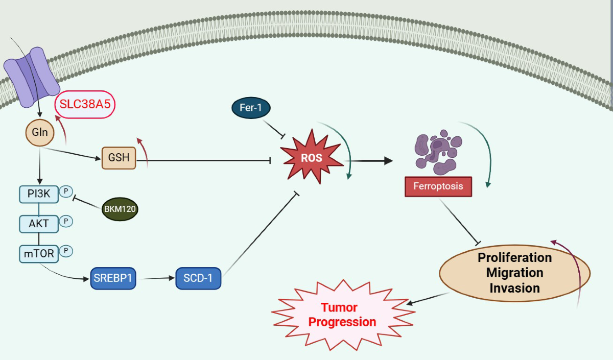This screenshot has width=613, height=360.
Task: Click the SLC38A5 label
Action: pos(85,105)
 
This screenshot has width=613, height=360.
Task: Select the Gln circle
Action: pos(40,132)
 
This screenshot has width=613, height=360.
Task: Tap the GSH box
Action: pos(119,158)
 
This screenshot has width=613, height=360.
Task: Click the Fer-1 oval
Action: pos(251,108)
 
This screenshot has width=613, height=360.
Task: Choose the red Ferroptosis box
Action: pos(438,186)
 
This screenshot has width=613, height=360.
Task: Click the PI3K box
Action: pos(39,194)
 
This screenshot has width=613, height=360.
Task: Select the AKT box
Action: pos(39,224)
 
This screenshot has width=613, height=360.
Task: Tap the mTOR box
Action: pos(39,254)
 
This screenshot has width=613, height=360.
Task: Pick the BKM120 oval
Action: pos(120,209)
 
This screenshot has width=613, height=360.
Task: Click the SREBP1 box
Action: pos(113,278)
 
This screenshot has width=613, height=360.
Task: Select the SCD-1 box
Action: pos(198,278)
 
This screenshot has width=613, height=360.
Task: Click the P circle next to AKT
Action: pos(66,221)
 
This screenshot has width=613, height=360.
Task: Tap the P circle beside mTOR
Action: pos(66,251)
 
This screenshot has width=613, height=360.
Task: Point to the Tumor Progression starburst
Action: pos(343,315)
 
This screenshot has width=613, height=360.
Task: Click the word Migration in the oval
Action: pos(514,273)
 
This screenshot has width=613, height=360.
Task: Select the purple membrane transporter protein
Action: pos(32,77)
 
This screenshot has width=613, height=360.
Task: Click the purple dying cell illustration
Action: pos(438,152)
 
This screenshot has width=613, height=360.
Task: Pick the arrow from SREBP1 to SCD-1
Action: pos(156,278)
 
